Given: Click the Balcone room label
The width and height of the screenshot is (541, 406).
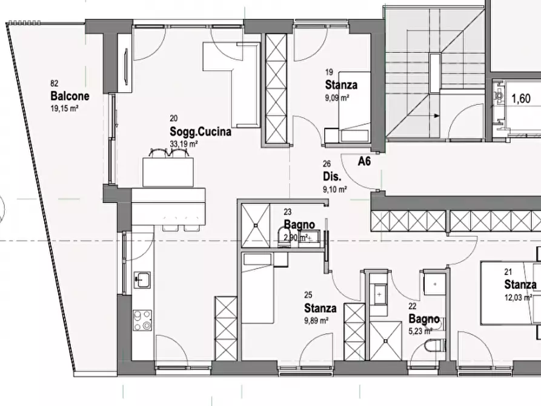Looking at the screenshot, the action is point(70,96).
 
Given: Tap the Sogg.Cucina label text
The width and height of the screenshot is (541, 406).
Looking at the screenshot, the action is point(201,131).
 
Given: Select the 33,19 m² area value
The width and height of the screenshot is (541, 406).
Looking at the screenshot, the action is point(184,143).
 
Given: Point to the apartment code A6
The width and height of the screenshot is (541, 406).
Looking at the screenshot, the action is point(364,161).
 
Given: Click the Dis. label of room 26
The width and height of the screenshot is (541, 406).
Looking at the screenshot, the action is point(332,176).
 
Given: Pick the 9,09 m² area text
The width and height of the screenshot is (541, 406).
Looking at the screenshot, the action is point(337,98).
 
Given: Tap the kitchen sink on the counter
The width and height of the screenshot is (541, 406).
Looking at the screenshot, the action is point(142,279).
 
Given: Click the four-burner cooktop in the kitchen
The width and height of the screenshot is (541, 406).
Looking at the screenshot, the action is point(142,321).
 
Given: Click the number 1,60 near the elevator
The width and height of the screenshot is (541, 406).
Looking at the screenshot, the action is point(520,99).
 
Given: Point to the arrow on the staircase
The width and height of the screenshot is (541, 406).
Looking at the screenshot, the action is point(436,116).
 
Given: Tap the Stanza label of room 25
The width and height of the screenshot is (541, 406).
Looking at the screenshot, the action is point(320,308).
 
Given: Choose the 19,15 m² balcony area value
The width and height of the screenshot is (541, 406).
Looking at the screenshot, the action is point(64,108).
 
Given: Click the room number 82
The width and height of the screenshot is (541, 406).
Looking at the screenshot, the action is point(54,83).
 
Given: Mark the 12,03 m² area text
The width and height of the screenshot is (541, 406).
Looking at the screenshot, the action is point(518,298).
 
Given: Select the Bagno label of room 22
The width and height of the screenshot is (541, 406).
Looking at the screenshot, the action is point(424,318).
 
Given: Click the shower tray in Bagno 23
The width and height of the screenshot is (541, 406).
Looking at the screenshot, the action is point(256,225).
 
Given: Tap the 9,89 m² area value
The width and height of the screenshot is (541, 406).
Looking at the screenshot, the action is point(316,321).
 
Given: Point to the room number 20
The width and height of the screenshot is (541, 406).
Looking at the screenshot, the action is point(173,118).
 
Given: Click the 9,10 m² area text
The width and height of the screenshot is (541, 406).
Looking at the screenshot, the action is point(334,189).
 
